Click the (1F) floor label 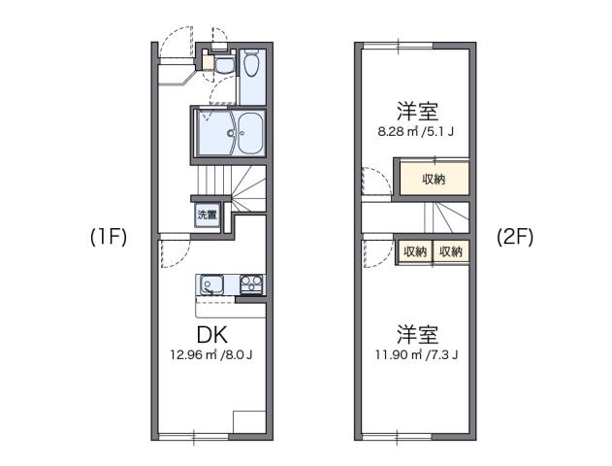(x=108, y=237)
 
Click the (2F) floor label (x=513, y=235)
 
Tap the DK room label (x=211, y=335)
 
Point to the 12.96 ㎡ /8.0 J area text (x=210, y=355)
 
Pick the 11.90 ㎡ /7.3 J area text (x=415, y=355)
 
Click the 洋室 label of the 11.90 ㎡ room (x=416, y=335)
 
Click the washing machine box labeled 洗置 (x=207, y=215)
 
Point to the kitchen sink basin (x=212, y=285)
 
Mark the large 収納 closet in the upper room (x=433, y=179)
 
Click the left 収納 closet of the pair (x=414, y=250)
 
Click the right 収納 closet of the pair (x=450, y=250)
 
